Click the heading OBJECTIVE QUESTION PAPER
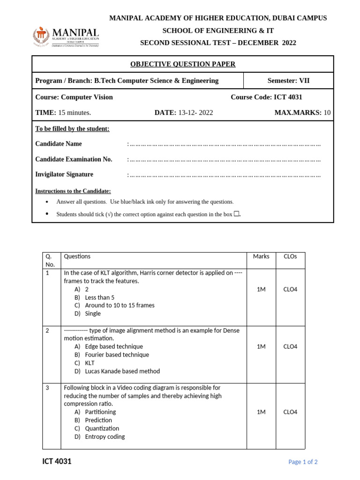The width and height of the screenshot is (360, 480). pos(182,64)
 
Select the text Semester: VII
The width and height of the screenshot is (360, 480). pos(288,81)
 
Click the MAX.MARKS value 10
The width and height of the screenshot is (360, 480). pos(327,112)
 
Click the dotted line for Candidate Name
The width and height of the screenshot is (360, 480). pos(225,144)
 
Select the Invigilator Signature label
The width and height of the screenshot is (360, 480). pos(64,174)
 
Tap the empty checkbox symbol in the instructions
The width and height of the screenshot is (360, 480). pos(236,214)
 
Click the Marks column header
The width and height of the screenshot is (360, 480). pos(261,256)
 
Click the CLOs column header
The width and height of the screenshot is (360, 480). pos(290,256)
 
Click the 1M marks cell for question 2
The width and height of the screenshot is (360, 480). pos(261,346)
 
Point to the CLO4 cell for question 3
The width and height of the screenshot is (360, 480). pos(290,412)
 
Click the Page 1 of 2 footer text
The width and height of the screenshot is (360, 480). pos(303,462)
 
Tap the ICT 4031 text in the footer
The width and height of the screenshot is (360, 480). pos(57,461)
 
